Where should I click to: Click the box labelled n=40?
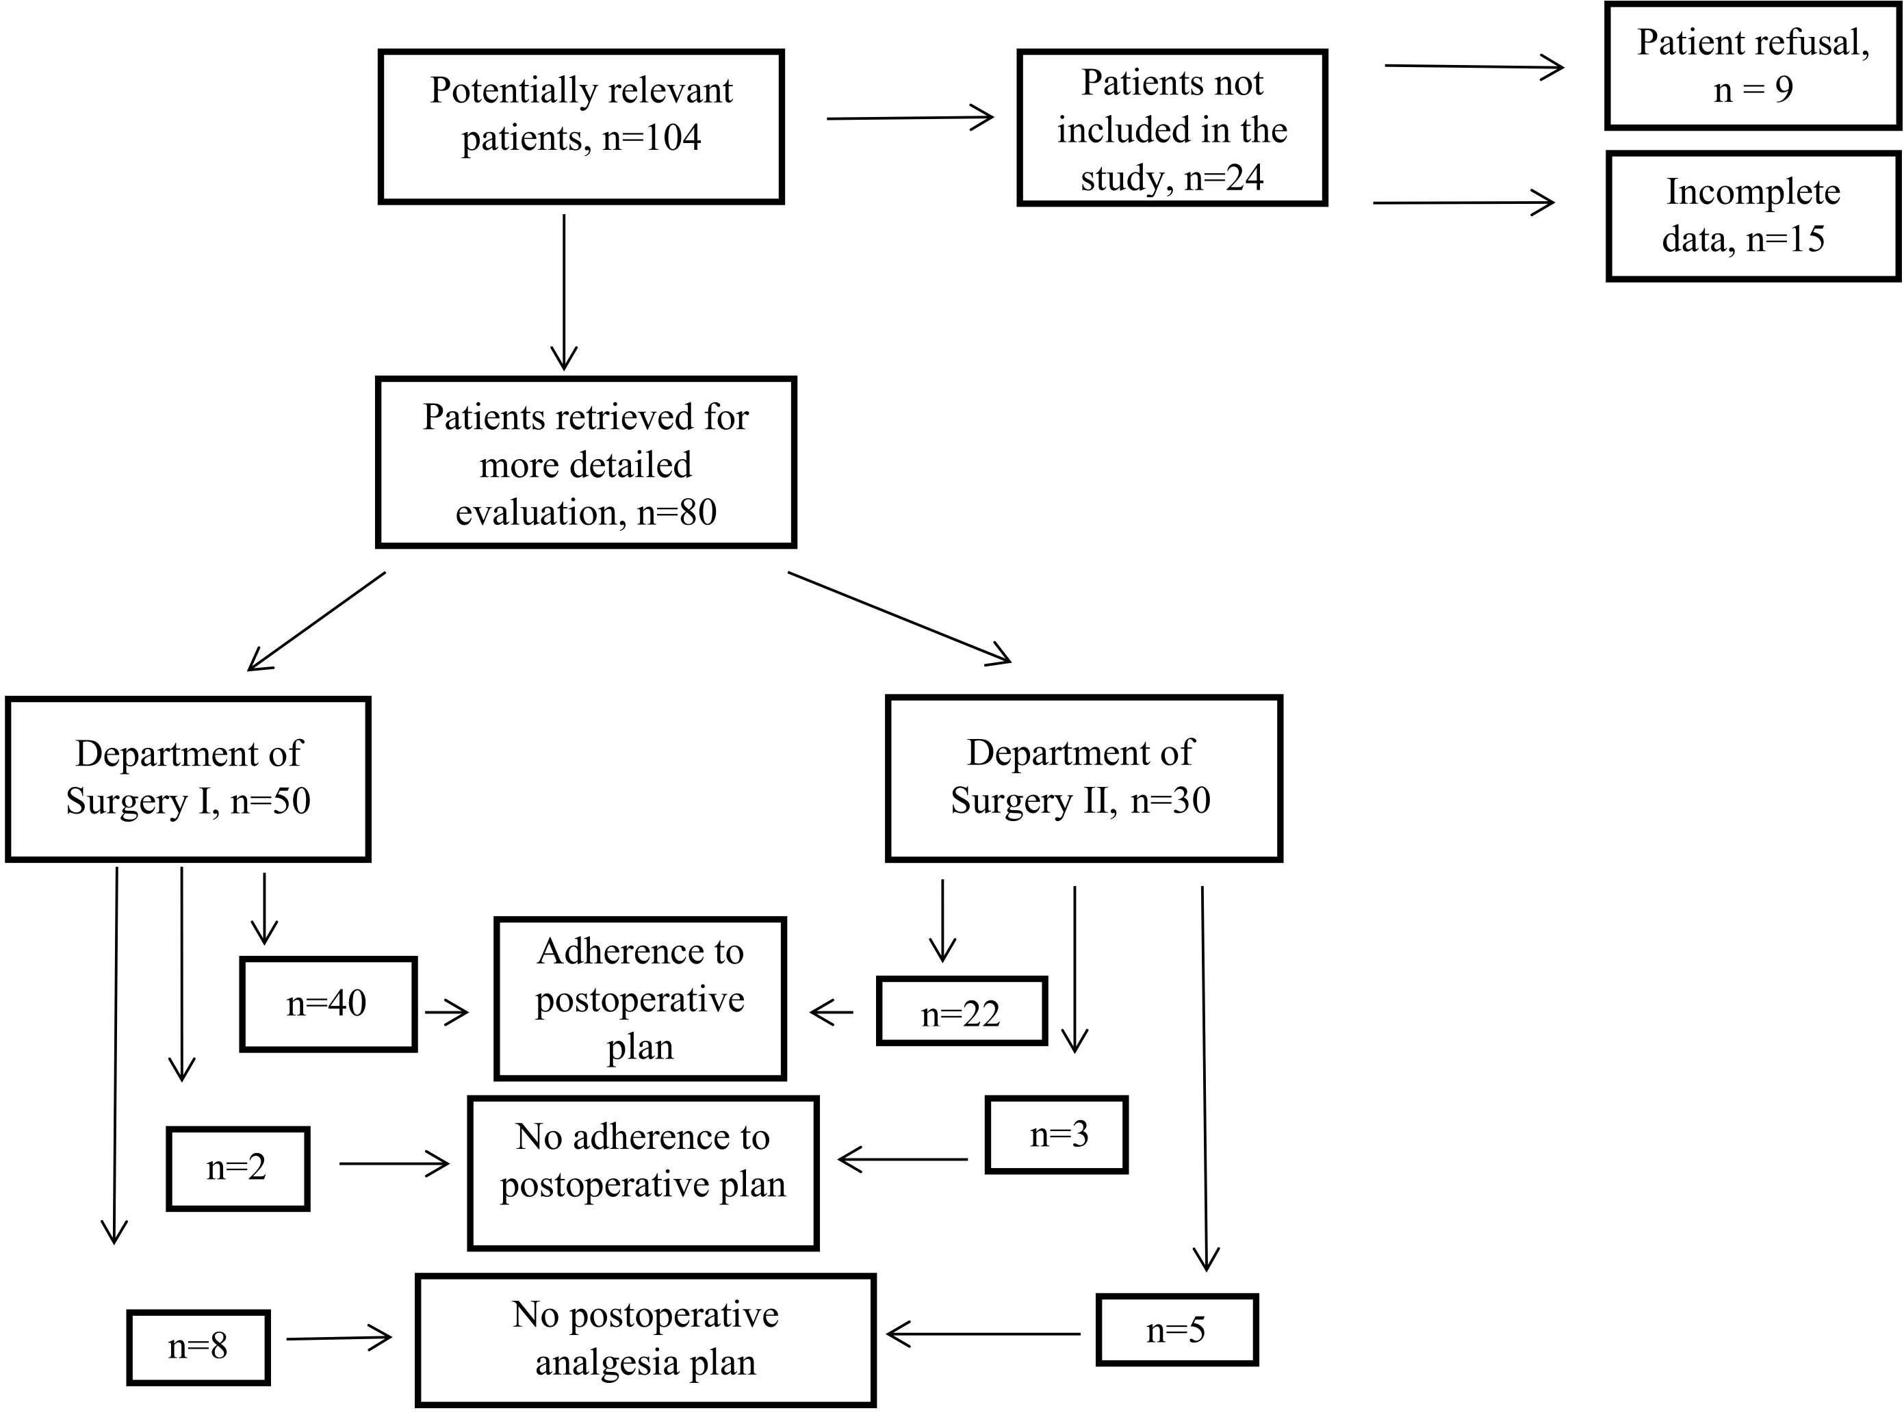click(x=328, y=1003)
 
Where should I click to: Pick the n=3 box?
click(x=1057, y=1135)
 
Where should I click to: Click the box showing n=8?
click(x=198, y=1347)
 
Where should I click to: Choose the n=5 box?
click(x=1176, y=1330)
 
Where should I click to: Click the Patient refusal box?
click(x=1752, y=66)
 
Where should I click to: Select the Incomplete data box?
click(x=1752, y=216)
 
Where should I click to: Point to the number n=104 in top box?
click(x=652, y=138)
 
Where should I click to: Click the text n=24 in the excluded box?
click(x=1223, y=178)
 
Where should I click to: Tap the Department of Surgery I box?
click(x=188, y=779)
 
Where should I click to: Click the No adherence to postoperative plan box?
click(x=643, y=1171)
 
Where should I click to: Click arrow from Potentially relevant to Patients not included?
click(x=910, y=118)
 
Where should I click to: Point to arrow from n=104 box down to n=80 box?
click(x=564, y=291)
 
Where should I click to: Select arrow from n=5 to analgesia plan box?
click(x=983, y=1333)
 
